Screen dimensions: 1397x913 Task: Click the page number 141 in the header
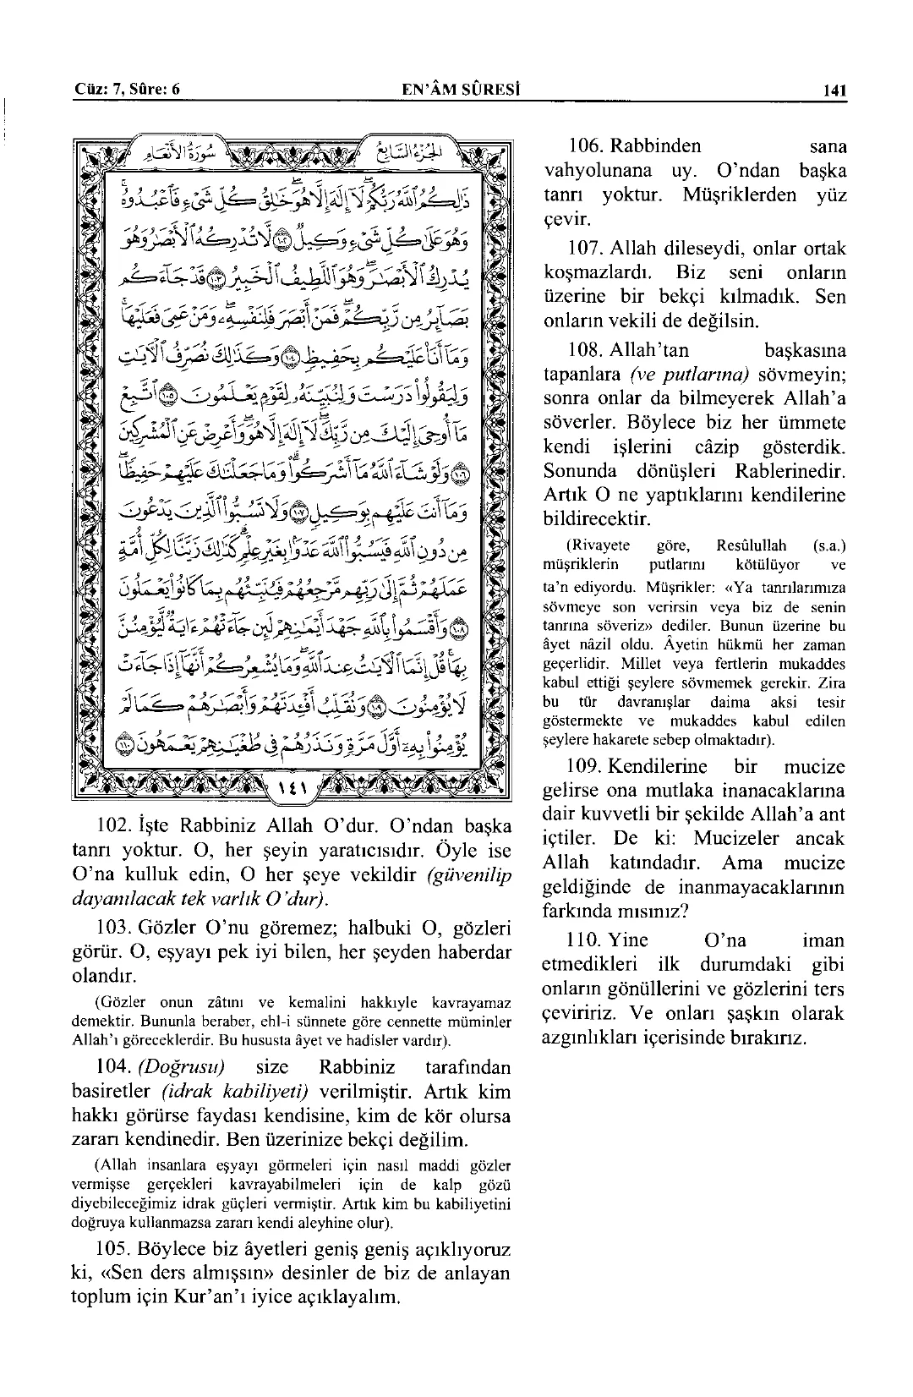pos(833,90)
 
